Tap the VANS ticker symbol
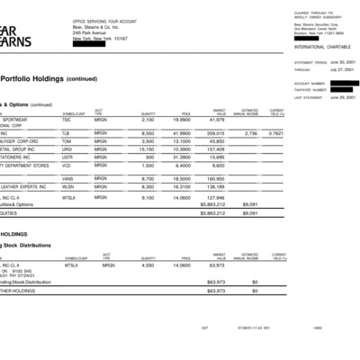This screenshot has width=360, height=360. click(69, 178)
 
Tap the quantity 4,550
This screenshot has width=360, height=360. click(148, 265)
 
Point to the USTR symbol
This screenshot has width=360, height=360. click(69, 157)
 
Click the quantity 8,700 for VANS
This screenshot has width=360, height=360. click(148, 178)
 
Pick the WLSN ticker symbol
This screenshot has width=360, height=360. click(69, 186)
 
